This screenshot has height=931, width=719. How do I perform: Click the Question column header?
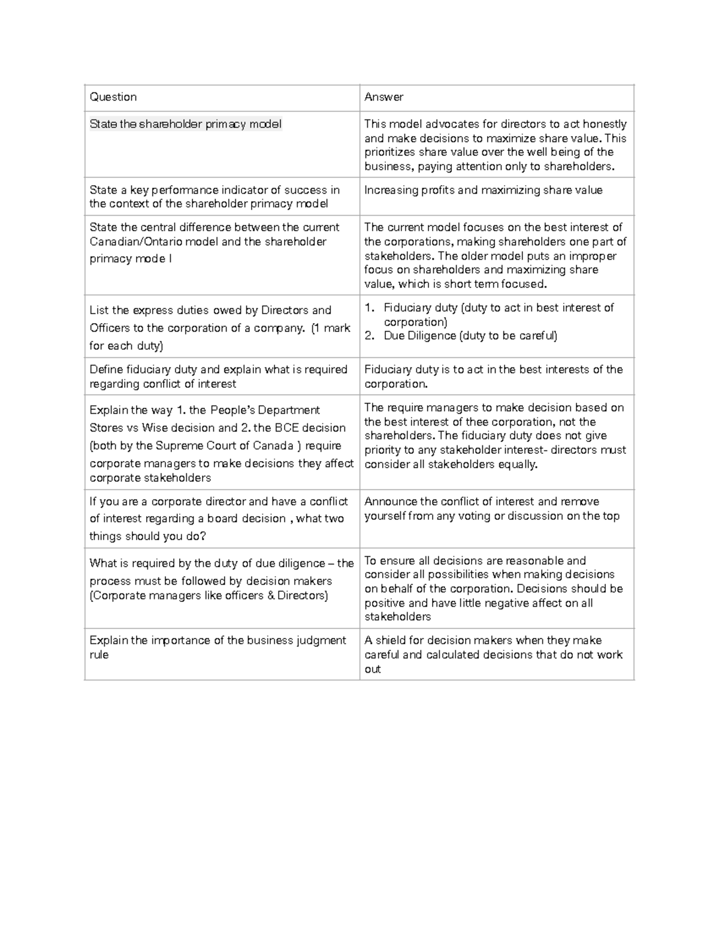[x=113, y=97]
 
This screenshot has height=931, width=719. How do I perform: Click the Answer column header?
[x=384, y=97]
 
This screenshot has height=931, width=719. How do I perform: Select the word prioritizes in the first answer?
[x=389, y=152]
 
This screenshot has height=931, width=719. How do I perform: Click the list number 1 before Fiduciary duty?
[x=369, y=308]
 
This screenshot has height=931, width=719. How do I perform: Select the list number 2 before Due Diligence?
[x=369, y=336]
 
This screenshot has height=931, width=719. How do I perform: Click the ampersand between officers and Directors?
[x=271, y=596]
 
